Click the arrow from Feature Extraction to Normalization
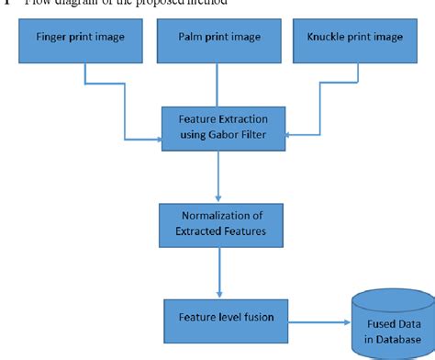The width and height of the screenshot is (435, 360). pos(217,176)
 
